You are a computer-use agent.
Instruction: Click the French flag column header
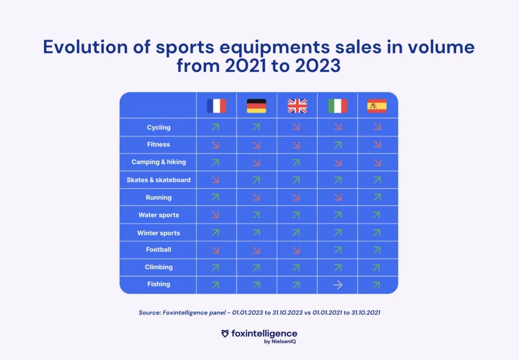point(216,105)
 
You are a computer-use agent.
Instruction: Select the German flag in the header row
point(256,105)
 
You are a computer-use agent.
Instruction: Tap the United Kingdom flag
point(297,105)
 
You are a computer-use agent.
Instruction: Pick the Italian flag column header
point(338,105)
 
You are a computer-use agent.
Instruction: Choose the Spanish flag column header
point(377,105)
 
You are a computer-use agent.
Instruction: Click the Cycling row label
point(159,127)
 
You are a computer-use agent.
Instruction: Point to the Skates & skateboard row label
point(159,180)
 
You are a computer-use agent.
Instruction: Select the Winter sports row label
point(159,233)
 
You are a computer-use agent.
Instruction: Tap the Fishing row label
point(159,284)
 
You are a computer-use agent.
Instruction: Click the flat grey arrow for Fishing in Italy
point(338,285)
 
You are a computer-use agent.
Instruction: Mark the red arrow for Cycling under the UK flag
point(296,127)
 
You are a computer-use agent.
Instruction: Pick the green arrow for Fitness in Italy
point(338,145)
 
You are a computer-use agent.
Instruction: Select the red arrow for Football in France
point(215,250)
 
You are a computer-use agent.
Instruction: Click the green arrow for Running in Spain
point(376,197)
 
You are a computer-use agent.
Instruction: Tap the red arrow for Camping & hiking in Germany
point(256,162)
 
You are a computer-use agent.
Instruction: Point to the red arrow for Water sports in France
point(215,215)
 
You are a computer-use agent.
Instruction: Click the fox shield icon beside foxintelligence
point(226,334)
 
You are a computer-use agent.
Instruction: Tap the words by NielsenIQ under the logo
point(281,342)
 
